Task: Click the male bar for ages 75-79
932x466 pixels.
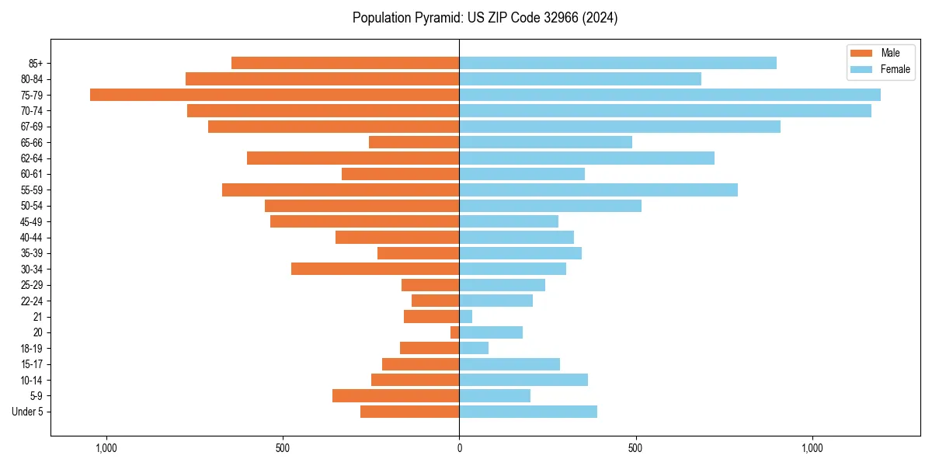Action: click(274, 95)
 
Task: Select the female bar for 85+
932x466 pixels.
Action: click(617, 63)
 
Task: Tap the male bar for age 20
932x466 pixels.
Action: click(455, 332)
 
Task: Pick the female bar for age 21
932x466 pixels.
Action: click(466, 317)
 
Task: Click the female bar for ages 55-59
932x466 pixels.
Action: click(598, 190)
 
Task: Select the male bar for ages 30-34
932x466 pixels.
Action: click(375, 269)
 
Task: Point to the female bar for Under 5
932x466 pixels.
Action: click(528, 412)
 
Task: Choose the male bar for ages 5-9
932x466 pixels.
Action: click(395, 396)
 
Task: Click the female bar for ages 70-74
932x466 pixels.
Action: click(665, 111)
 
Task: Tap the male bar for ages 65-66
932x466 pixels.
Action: click(414, 142)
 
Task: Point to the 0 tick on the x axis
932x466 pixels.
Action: click(459, 448)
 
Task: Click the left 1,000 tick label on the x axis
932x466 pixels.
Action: click(106, 448)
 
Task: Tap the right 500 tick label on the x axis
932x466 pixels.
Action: click(635, 448)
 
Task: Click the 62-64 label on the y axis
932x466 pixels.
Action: click(31, 158)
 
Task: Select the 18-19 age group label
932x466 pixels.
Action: click(31, 349)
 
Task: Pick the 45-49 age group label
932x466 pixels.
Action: click(31, 222)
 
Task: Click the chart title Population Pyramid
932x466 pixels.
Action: click(485, 18)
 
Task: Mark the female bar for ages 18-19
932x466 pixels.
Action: click(474, 349)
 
